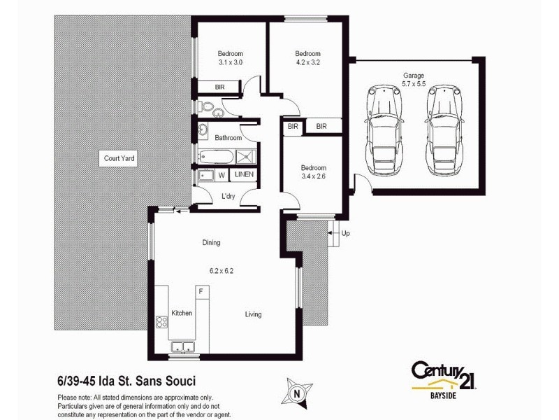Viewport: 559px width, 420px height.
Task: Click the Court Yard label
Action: coord(119,159)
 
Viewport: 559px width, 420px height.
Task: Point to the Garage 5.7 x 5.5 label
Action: coord(413,80)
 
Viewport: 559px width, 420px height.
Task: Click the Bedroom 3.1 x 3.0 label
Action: coord(230,58)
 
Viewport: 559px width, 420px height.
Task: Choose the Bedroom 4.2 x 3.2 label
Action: coord(307,58)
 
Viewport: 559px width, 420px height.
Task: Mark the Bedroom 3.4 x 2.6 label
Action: coord(313,172)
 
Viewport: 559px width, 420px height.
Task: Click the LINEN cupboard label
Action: coord(244,174)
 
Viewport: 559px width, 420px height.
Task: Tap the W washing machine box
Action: coord(222,174)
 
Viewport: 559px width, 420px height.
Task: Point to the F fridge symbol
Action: coord(201,290)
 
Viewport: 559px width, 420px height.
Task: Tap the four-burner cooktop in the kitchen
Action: coord(161,323)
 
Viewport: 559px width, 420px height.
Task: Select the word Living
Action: coord(253,314)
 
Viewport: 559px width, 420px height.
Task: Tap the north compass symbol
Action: coord(298,393)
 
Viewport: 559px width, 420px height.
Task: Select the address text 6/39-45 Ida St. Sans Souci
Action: coord(126,381)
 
